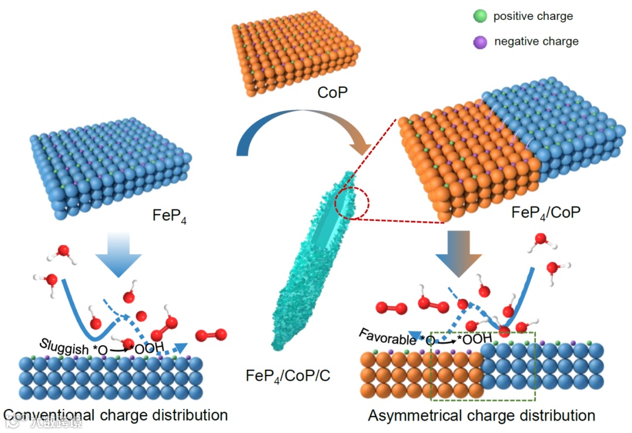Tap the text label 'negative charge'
(x=536, y=42)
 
